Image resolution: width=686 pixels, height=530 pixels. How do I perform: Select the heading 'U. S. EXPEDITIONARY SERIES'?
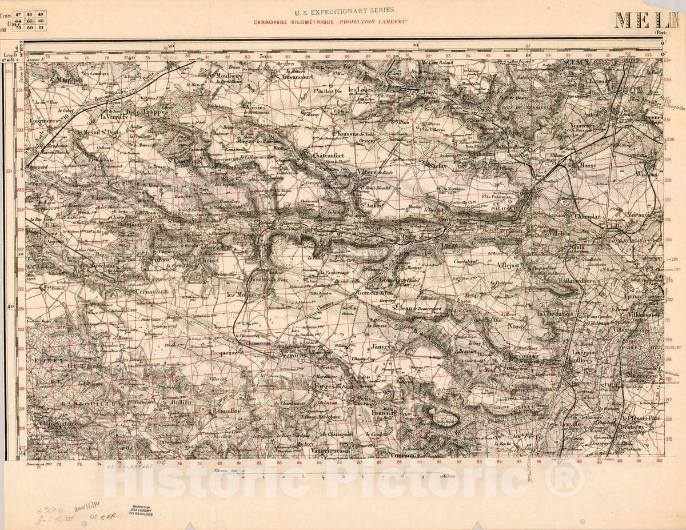tap(344, 10)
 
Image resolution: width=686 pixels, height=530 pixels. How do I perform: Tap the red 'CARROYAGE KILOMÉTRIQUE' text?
tap(331, 22)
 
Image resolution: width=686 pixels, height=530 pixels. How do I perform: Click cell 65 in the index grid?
tap(29, 19)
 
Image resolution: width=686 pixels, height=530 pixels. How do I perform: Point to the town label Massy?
tap(588, 165)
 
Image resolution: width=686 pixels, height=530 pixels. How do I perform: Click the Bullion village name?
tap(180, 402)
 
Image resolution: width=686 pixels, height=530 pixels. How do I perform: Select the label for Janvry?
tap(380, 346)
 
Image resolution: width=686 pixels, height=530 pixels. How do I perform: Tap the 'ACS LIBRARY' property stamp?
tap(141, 511)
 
